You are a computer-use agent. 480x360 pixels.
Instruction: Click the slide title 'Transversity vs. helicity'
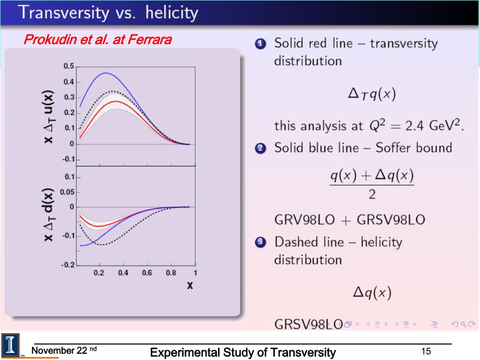pyautogui.click(x=108, y=13)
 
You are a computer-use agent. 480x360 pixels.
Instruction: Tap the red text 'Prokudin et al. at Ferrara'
pyautogui.click(x=97, y=40)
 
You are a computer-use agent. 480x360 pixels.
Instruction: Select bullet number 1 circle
pyautogui.click(x=261, y=44)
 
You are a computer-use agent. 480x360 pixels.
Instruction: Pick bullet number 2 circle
pyautogui.click(x=261, y=149)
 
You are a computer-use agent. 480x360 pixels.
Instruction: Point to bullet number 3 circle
pyautogui.click(x=261, y=243)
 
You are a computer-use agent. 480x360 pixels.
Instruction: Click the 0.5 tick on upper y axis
pyautogui.click(x=69, y=67)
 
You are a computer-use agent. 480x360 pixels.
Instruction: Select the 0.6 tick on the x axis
pyautogui.click(x=147, y=273)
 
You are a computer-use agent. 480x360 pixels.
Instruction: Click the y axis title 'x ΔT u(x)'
pyautogui.click(x=48, y=117)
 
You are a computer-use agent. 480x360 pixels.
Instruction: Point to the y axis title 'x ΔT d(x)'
pyautogui.click(x=48, y=215)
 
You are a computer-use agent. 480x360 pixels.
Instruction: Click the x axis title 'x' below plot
pyautogui.click(x=190, y=285)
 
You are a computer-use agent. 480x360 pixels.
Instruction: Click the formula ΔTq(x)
pyautogui.click(x=372, y=94)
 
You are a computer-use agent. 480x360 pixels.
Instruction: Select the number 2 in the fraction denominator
pyautogui.click(x=372, y=194)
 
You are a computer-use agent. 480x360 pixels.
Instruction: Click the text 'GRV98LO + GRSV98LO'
pyautogui.click(x=349, y=219)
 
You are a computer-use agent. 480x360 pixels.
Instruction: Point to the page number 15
pyautogui.click(x=426, y=352)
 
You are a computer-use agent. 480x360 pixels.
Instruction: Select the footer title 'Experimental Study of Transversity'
pyautogui.click(x=243, y=352)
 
